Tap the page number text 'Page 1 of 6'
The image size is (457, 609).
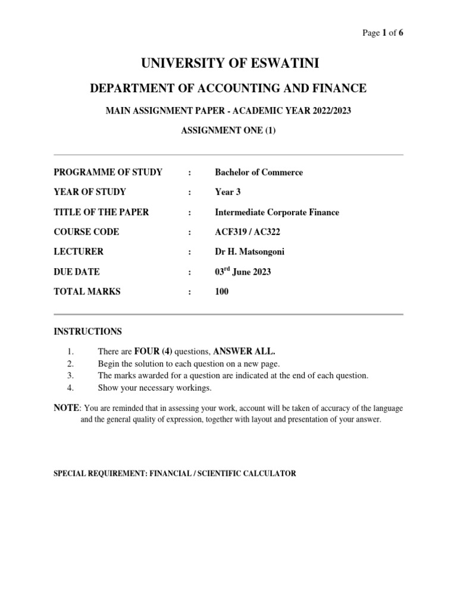pos(383,33)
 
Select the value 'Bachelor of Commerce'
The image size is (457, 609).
pos(259,172)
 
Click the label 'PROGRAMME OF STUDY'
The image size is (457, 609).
pos(108,172)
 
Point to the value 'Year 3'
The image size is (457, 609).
pos(228,192)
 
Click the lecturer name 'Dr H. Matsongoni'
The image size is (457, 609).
pos(250,252)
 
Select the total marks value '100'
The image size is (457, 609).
pos(221,291)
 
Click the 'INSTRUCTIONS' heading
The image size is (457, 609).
pos(88,331)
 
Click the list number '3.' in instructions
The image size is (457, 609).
pos(70,376)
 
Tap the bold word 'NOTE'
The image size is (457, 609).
pos(66,408)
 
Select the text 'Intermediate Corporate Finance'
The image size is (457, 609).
pos(277,212)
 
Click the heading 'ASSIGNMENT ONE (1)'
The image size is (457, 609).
pos(228,131)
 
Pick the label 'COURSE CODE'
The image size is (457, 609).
pos(86,232)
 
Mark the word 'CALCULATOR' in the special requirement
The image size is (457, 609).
pos(268,474)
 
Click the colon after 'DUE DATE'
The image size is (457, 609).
pos(189,272)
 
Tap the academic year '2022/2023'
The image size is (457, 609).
pos(322,111)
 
